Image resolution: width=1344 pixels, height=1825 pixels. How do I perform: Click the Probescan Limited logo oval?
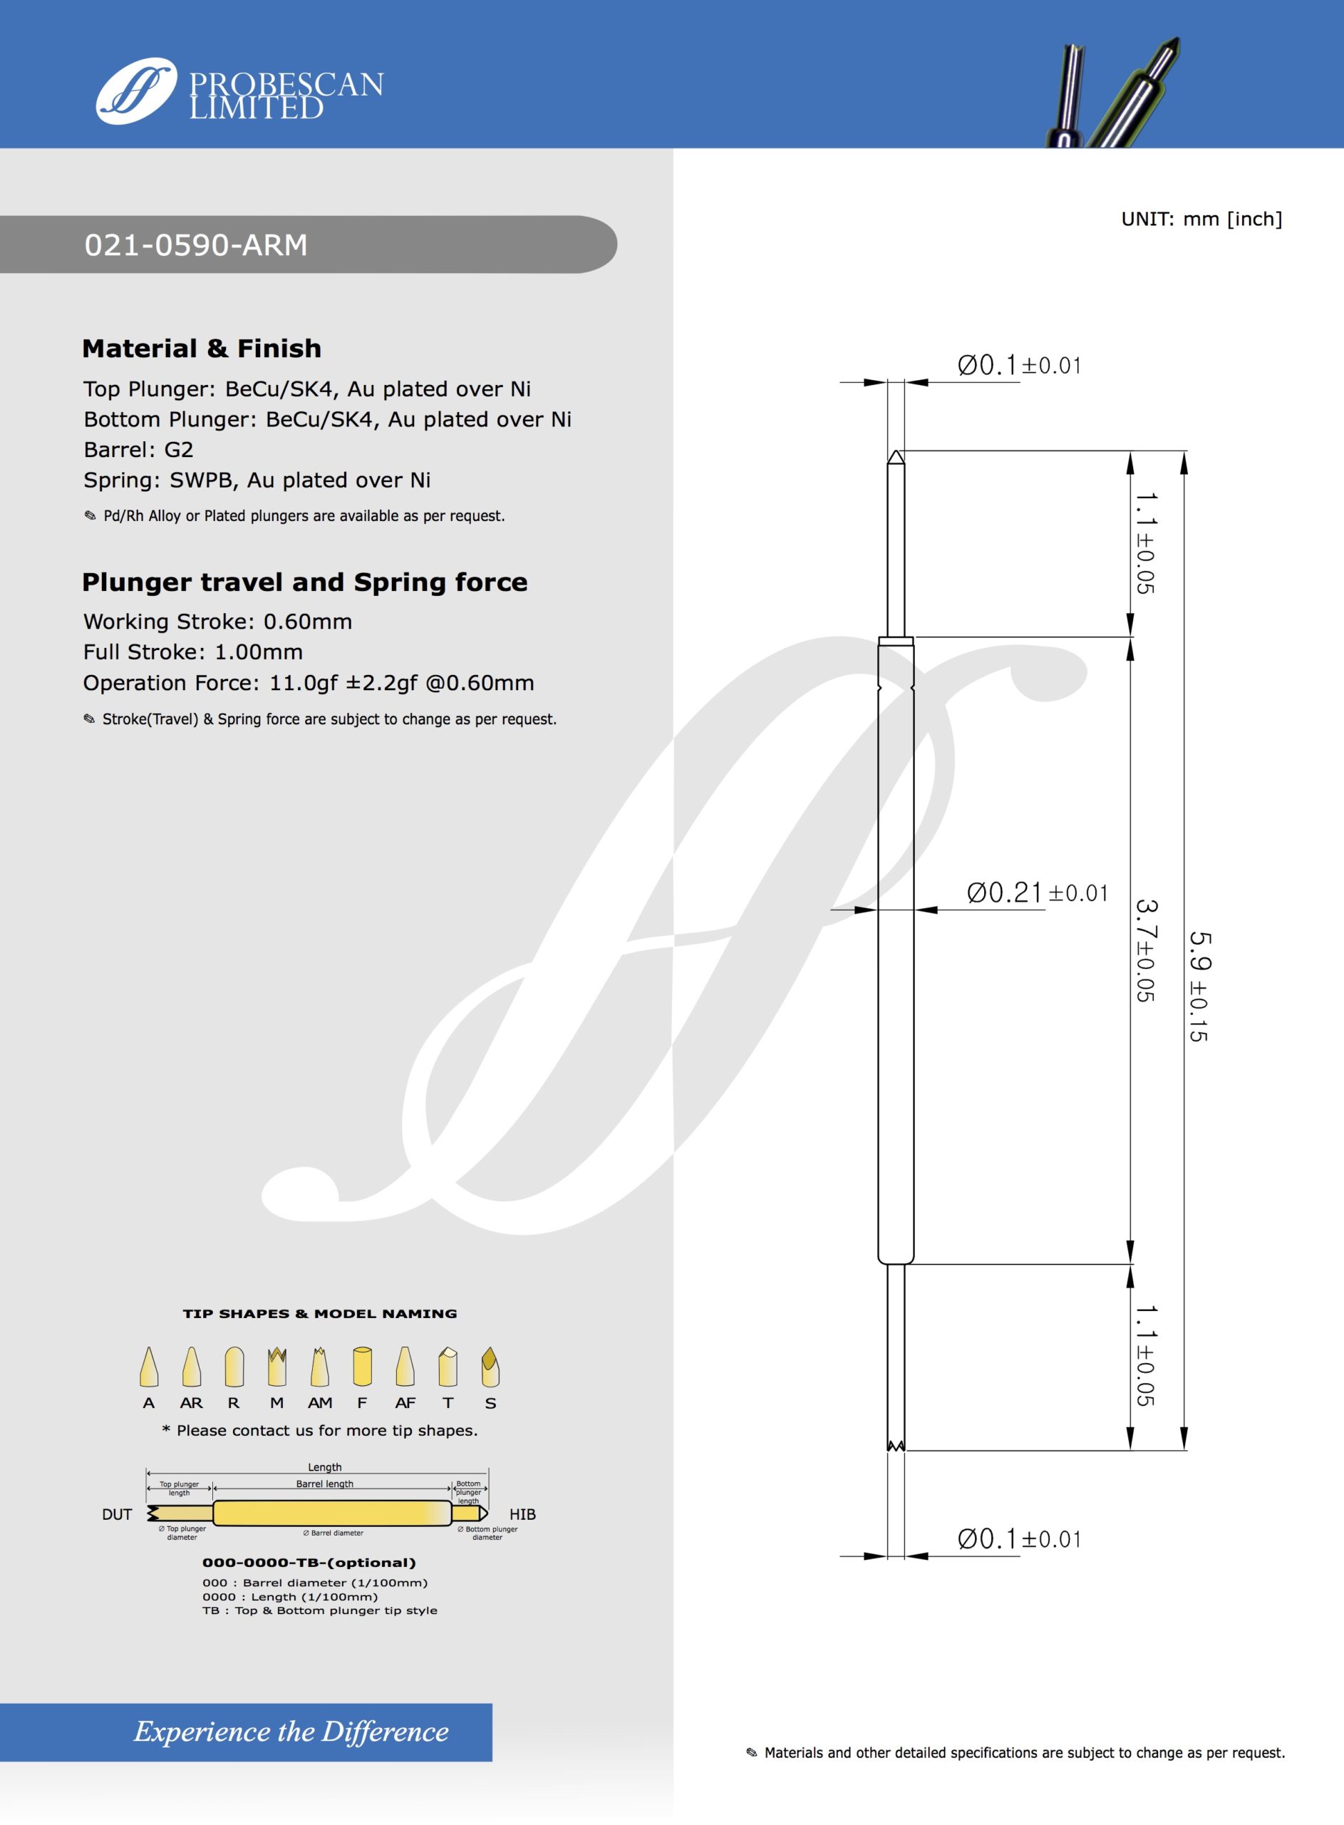[136, 91]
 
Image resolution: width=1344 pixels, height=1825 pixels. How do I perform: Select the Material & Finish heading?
[202, 348]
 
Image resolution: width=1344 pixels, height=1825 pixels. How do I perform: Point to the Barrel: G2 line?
[138, 449]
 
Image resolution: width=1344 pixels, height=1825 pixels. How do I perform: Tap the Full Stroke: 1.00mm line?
[193, 652]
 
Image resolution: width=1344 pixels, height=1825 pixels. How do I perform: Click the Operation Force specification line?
[309, 683]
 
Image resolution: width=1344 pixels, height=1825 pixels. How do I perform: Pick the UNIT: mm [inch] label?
[1201, 219]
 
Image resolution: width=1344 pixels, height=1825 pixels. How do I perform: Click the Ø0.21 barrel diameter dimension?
[1036, 893]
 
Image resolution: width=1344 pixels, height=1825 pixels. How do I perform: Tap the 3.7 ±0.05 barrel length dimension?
[1145, 950]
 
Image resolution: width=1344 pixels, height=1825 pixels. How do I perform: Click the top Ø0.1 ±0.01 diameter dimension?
[1018, 365]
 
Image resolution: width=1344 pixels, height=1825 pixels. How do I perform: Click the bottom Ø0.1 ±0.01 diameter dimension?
[1018, 1538]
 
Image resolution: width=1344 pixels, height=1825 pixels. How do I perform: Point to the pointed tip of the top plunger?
[896, 457]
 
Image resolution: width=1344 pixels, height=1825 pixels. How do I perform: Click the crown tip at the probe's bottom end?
[895, 1446]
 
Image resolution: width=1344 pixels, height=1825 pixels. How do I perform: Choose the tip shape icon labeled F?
[362, 1367]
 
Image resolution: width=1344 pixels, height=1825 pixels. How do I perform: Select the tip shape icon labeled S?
[490, 1367]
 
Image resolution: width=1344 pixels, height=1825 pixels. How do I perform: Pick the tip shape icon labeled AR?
[191, 1367]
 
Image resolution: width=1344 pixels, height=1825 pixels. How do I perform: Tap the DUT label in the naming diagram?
[117, 1514]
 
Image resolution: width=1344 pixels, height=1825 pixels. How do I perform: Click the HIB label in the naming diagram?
[522, 1514]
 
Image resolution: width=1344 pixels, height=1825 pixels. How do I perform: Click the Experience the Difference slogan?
[291, 1732]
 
